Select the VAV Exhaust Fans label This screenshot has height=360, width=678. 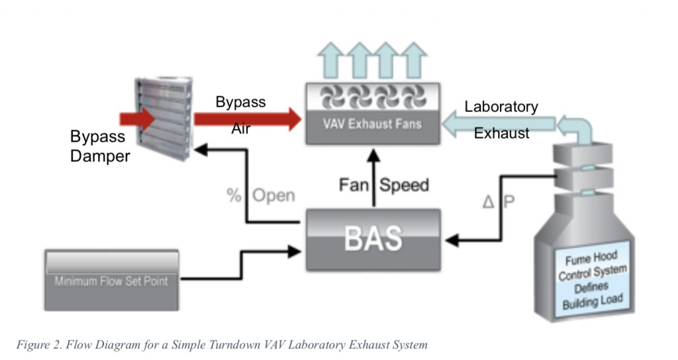373,124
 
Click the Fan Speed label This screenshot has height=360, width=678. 383,185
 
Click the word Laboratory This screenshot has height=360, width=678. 501,107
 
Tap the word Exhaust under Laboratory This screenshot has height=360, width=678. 501,133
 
